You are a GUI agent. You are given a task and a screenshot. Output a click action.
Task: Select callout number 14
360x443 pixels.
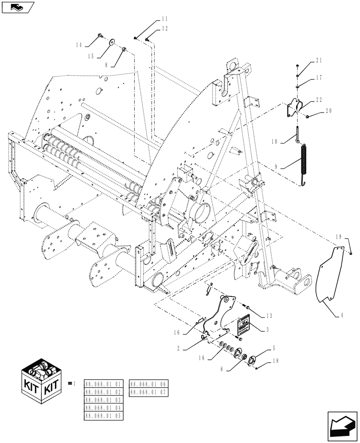79,45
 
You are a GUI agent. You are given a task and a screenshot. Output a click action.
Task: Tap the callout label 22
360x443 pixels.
319,100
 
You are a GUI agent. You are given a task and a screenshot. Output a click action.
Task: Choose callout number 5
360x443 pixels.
274,348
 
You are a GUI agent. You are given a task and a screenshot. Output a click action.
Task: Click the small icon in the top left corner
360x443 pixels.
17,7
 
